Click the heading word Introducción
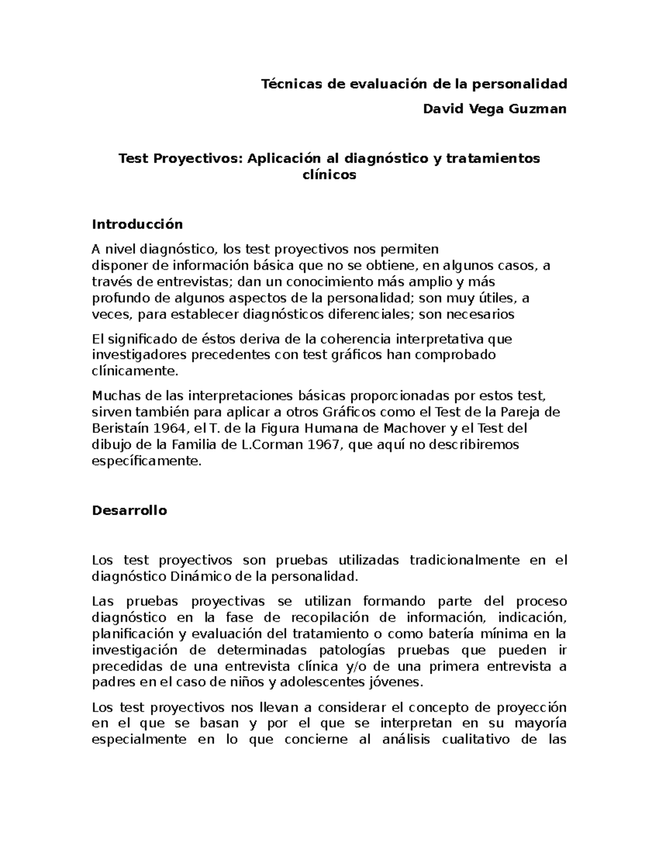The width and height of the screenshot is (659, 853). (x=137, y=225)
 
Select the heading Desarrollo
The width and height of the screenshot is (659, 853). (x=129, y=510)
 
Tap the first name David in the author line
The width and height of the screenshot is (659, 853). (x=443, y=109)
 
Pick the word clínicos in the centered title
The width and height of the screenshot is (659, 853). (x=329, y=175)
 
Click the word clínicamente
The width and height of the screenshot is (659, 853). (x=135, y=371)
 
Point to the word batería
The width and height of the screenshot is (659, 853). (x=472, y=634)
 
